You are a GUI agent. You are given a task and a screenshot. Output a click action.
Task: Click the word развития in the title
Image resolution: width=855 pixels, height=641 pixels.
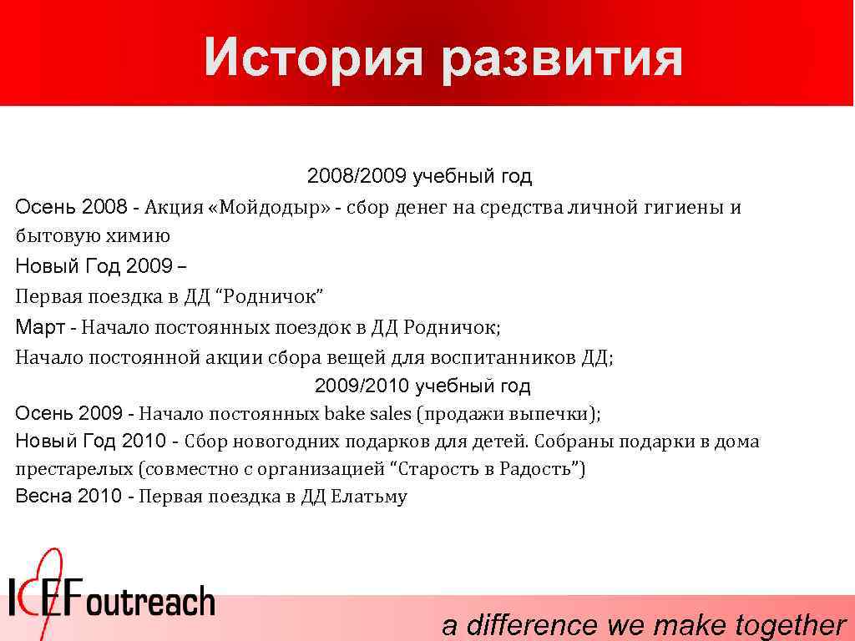562,59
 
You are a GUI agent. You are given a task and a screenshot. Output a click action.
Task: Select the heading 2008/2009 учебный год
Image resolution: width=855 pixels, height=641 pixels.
419,177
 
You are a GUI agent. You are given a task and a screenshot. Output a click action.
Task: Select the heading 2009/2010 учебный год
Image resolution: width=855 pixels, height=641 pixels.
422,386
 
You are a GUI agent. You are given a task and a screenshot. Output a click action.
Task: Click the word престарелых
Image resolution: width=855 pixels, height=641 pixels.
74,469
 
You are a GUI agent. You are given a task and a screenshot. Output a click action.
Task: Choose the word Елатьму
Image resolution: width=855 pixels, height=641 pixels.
369,497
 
